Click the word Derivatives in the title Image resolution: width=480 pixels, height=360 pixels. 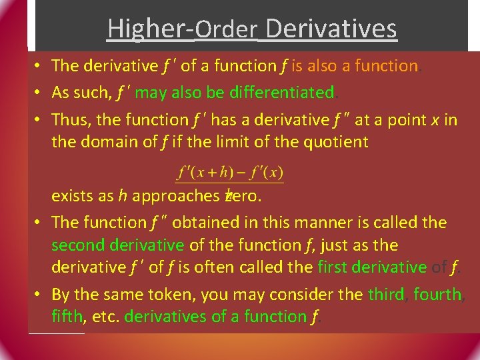coord(331,29)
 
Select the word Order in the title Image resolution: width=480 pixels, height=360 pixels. coord(227,29)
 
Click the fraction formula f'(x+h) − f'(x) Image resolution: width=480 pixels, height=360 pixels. coord(230,173)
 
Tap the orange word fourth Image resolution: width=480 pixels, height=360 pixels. coord(437,294)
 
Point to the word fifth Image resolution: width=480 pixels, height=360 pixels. coord(68,316)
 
